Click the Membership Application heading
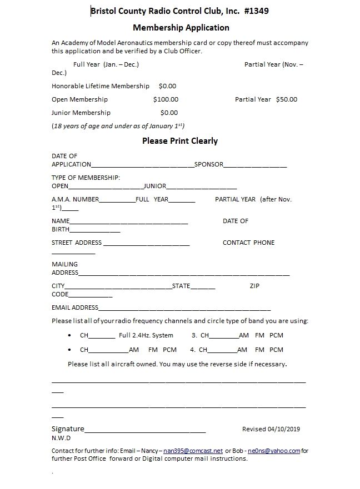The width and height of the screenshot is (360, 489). pyautogui.click(x=181, y=27)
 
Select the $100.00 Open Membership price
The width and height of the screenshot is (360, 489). pyautogui.click(x=166, y=99)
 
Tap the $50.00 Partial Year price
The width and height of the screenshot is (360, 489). pyautogui.click(x=286, y=99)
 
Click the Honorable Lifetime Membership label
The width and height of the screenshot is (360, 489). pyautogui.click(x=101, y=86)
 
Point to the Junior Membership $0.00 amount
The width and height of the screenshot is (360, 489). pyautogui.click(x=169, y=113)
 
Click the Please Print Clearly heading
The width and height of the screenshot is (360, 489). pyautogui.click(x=180, y=141)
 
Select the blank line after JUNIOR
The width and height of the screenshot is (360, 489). pyautogui.click(x=202, y=187)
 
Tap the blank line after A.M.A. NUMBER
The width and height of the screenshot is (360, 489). pyautogui.click(x=117, y=200)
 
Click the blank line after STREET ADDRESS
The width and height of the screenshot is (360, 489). pyautogui.click(x=147, y=244)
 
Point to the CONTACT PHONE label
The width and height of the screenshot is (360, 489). pyautogui.click(x=248, y=243)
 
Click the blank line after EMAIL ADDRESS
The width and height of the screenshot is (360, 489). pyautogui.click(x=184, y=309)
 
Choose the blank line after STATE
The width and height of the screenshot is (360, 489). pyautogui.click(x=203, y=287)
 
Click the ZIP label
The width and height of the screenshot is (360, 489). pyautogui.click(x=254, y=286)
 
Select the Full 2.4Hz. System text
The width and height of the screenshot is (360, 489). pyautogui.click(x=146, y=335)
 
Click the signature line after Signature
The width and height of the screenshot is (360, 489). pyautogui.click(x=145, y=430)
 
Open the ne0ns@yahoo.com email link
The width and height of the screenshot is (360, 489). pyautogui.click(x=274, y=451)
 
